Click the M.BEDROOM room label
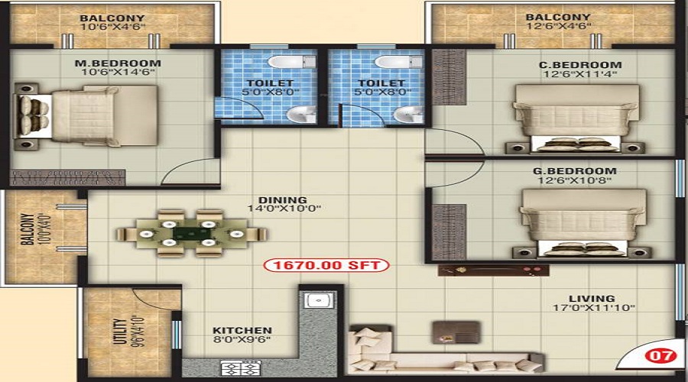pos(118,63)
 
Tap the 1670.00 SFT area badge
pos(326,265)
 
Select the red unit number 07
pos(660,354)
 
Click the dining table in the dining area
pos(191,234)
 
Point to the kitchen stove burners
pos(241,368)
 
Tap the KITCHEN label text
pos(242,330)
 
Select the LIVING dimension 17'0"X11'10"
pos(594,308)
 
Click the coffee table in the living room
pos(456,332)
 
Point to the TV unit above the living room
pos(494,270)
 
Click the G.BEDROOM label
pos(575,170)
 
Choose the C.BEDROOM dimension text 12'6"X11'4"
pos(580,74)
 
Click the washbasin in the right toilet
pos(408,115)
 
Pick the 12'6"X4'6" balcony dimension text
pos(558,26)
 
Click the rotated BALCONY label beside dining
pos(28,229)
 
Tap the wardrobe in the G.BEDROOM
pos(449,231)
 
